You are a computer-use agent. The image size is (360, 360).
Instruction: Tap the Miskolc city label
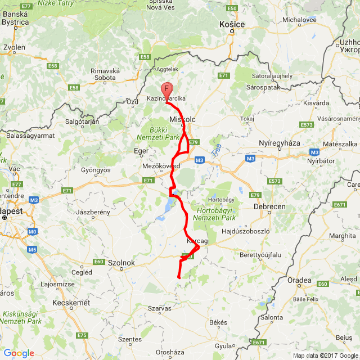click(182, 120)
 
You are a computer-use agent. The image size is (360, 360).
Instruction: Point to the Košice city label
click(231, 25)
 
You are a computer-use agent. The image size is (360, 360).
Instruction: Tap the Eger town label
click(141, 151)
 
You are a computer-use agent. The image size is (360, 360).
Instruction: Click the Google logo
click(19, 353)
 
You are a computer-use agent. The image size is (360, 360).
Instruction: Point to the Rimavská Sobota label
click(106, 74)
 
